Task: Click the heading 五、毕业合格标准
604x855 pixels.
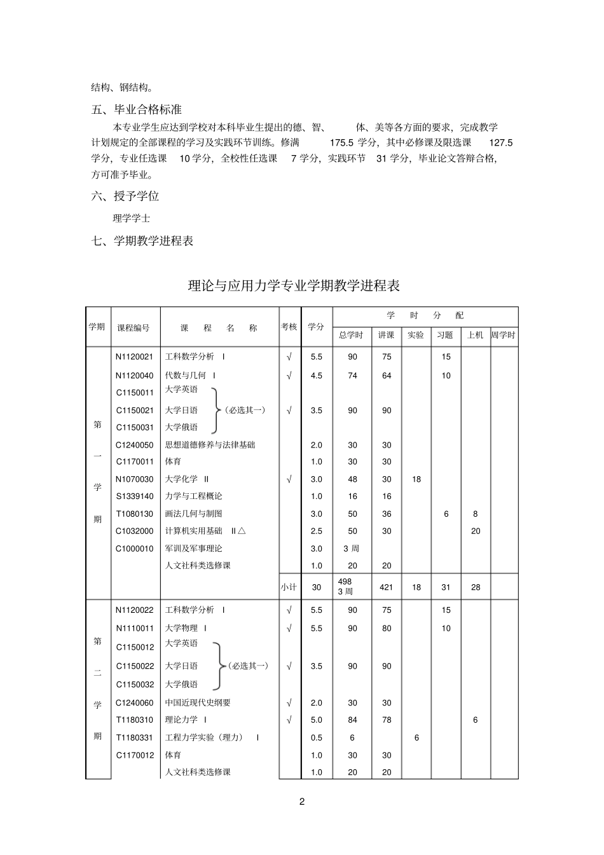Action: (x=137, y=109)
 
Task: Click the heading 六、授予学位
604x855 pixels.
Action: (x=125, y=196)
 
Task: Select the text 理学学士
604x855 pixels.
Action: (x=132, y=218)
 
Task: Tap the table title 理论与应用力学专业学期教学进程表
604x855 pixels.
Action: (x=294, y=286)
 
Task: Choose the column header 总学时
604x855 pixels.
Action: (x=351, y=335)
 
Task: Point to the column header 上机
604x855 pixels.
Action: (x=476, y=335)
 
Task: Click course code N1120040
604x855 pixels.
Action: (x=134, y=376)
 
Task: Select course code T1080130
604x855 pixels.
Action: (x=134, y=514)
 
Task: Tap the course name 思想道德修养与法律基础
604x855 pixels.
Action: (x=210, y=445)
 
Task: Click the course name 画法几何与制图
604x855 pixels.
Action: (x=193, y=514)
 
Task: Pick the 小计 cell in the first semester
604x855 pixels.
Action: (x=289, y=587)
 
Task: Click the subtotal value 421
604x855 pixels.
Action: (x=386, y=587)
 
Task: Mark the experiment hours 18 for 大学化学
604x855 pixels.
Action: (x=416, y=479)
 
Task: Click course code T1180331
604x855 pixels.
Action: (x=135, y=737)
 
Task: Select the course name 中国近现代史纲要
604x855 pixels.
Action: (x=198, y=702)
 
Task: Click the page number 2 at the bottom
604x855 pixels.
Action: (x=302, y=802)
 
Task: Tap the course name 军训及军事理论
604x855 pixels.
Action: (x=193, y=548)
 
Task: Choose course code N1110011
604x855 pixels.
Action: (x=135, y=628)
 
